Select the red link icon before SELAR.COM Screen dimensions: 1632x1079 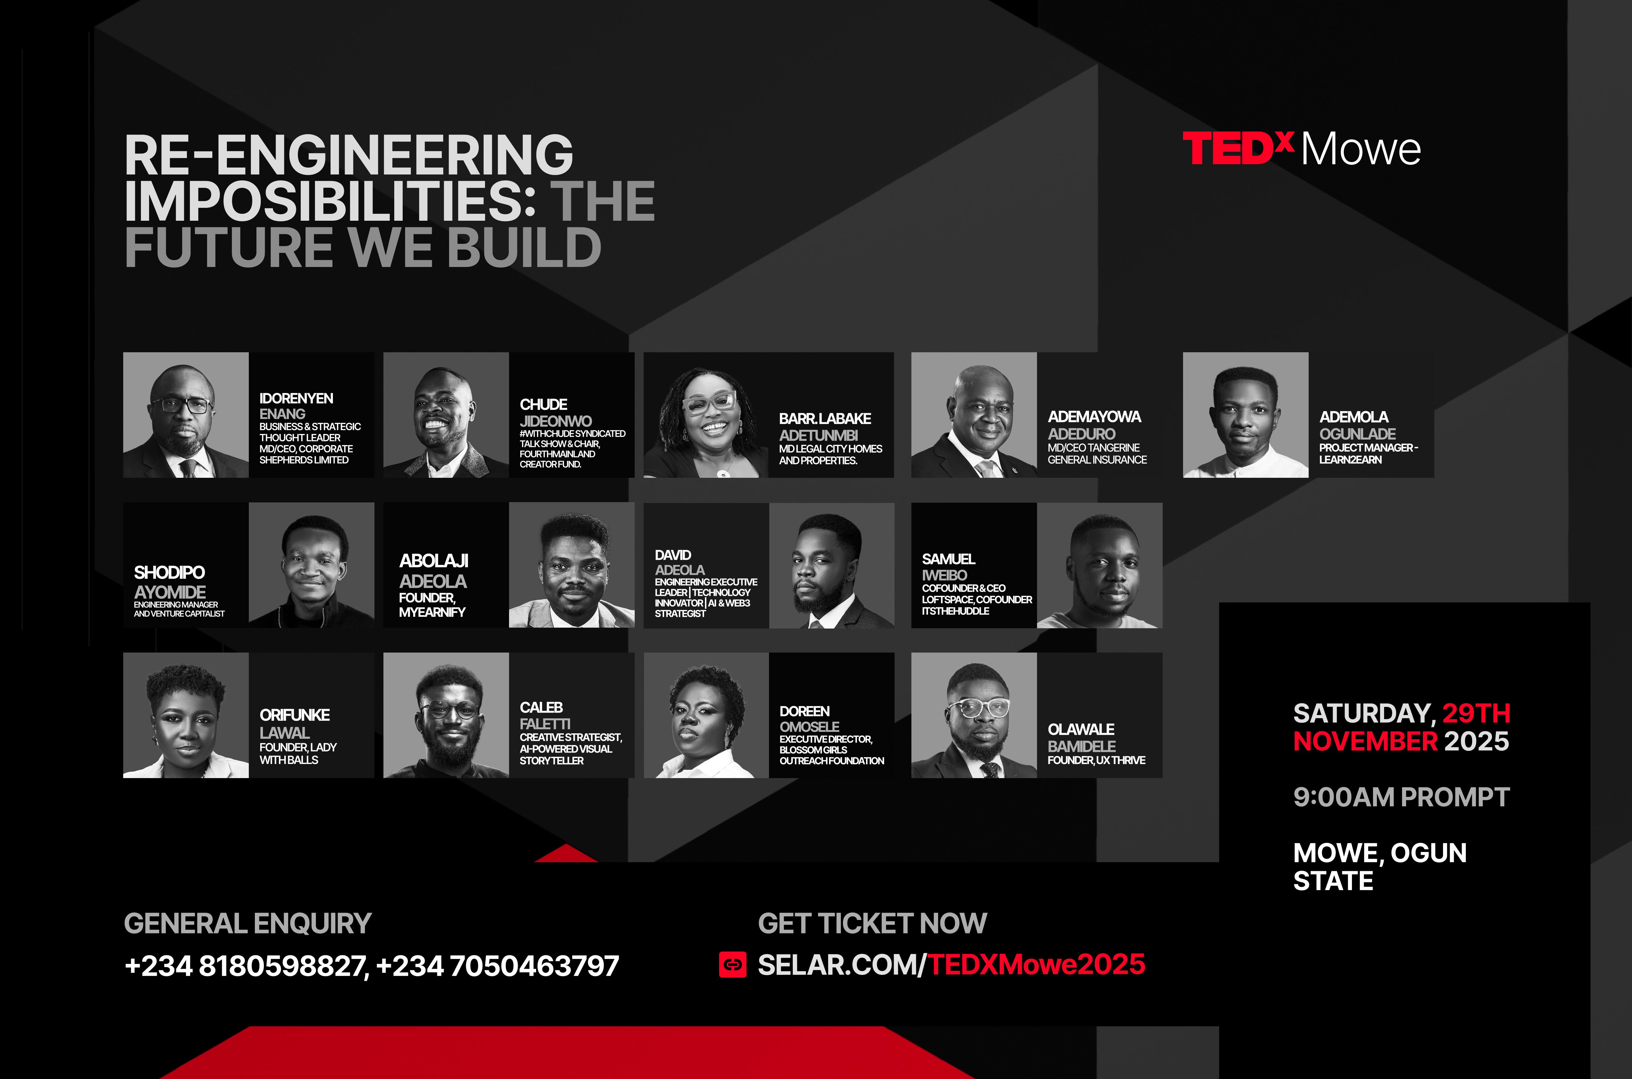tap(733, 965)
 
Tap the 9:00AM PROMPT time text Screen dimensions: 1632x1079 tap(1401, 797)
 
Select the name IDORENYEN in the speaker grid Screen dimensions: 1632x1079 tap(296, 399)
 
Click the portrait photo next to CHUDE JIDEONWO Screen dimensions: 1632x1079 tap(446, 415)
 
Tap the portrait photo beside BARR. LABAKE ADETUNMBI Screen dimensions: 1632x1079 tap(706, 415)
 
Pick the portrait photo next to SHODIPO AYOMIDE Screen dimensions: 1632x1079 tap(311, 565)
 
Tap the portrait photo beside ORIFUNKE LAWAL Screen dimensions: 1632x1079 tap(186, 715)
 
